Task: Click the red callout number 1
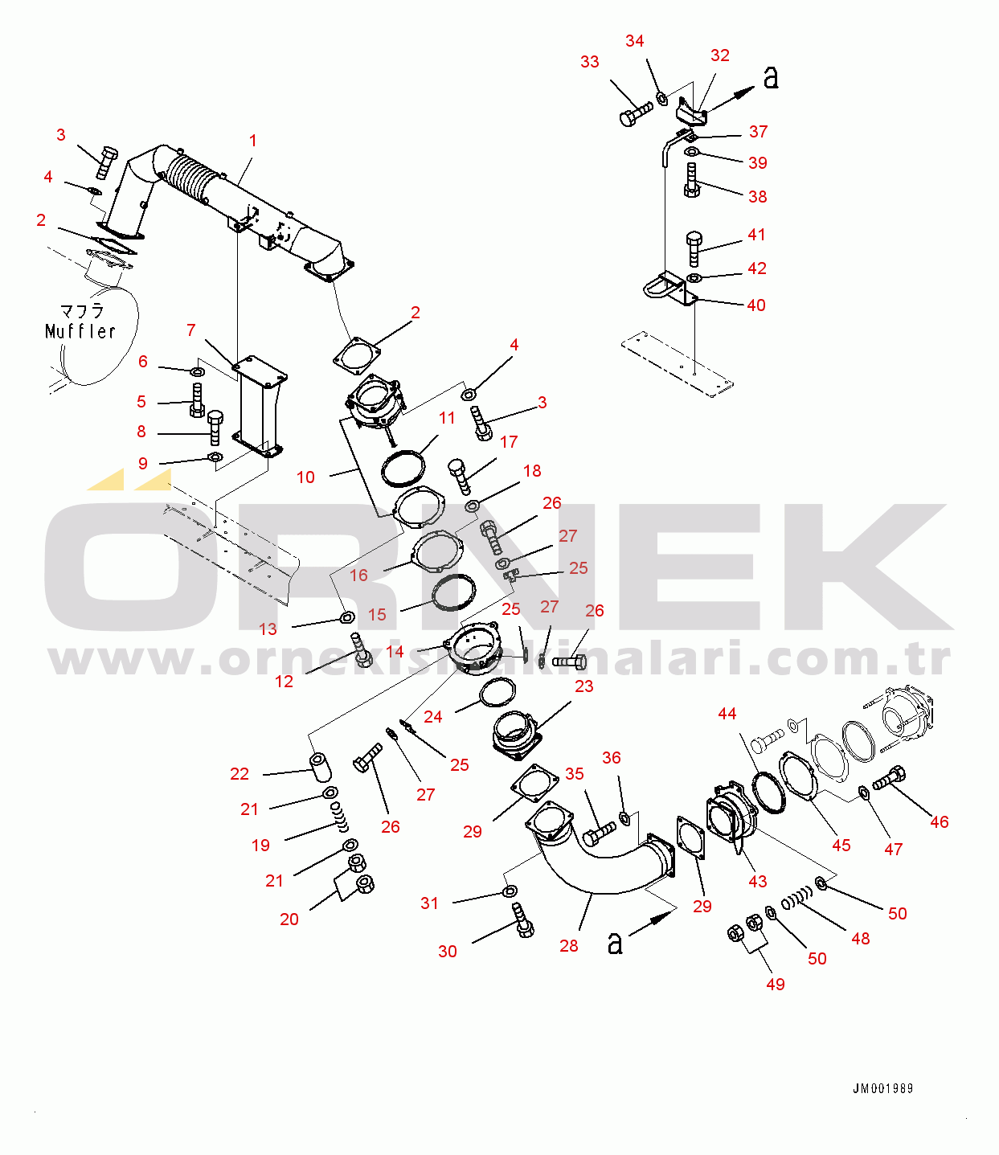(252, 141)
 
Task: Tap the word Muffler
(80, 331)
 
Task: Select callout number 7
(191, 330)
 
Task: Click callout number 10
(305, 477)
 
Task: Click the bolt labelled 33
(637, 113)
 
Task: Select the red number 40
(756, 305)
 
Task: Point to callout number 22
(240, 774)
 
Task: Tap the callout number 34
(635, 41)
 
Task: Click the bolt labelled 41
(692, 249)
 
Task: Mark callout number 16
(358, 575)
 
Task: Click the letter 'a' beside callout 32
(771, 78)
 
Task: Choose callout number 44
(727, 714)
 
